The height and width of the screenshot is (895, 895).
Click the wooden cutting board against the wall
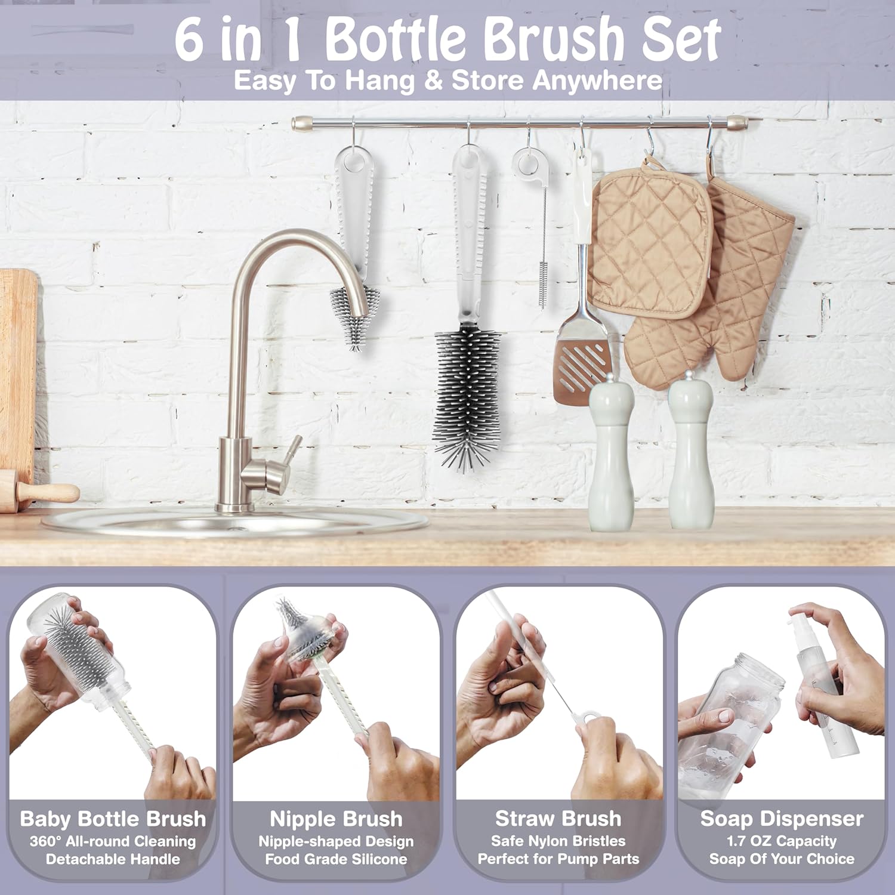click(x=17, y=370)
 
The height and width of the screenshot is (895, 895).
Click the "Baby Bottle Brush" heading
click(x=113, y=819)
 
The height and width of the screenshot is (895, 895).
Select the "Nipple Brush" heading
click(x=336, y=819)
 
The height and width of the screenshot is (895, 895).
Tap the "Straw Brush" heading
click(x=558, y=819)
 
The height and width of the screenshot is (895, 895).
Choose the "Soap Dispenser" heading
click(x=782, y=819)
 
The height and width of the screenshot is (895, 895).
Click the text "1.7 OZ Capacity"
click(x=782, y=841)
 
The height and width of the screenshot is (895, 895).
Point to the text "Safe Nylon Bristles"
click(x=558, y=841)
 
